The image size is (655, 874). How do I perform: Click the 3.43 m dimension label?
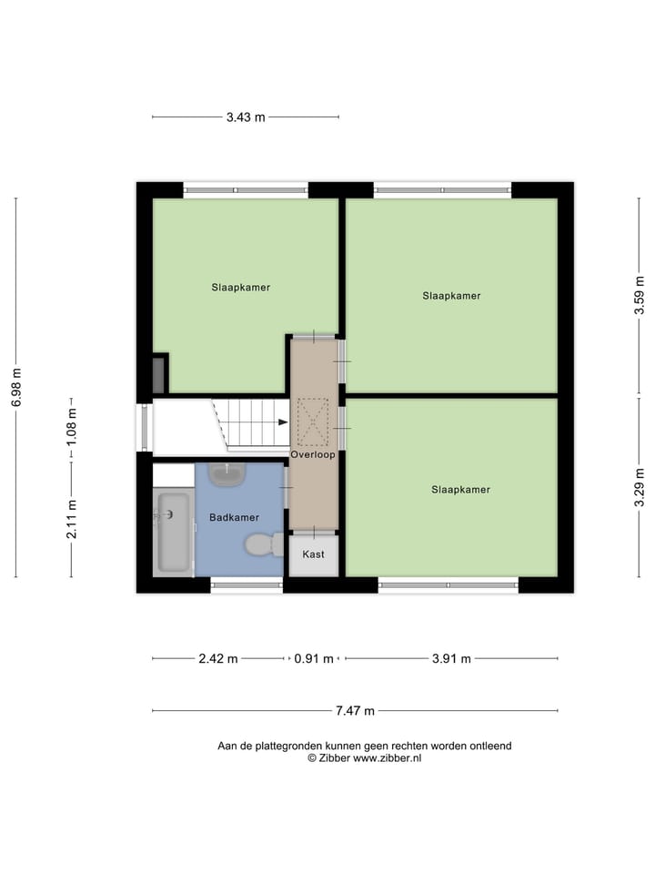pos(246,117)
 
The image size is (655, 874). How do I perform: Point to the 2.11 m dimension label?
pos(72,520)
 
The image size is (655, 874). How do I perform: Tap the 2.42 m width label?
pos(218,659)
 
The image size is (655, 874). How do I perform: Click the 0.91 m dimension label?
pos(314,659)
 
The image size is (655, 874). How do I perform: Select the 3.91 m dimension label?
pos(451,659)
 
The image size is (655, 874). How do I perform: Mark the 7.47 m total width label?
pos(356,711)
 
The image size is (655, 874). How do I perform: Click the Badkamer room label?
pos(234,517)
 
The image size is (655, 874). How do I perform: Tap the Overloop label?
pos(313,453)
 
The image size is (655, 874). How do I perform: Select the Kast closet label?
pos(313,554)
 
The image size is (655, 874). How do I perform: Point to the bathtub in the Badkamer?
pos(173,533)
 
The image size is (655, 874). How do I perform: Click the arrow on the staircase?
pos(283,422)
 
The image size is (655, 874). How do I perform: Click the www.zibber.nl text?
pos(387,757)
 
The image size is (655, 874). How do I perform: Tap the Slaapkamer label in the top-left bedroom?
pos(240,288)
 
